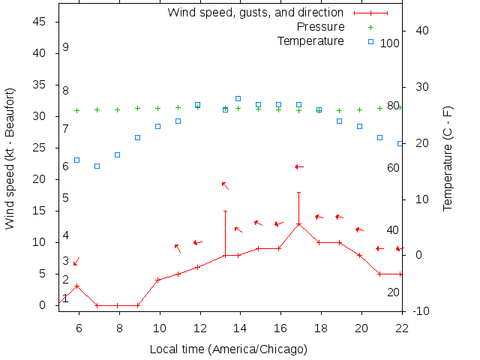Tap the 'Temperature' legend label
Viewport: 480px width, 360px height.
(x=310, y=40)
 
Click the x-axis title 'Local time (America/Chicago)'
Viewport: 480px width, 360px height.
(x=228, y=349)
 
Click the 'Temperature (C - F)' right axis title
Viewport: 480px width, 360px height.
(x=447, y=158)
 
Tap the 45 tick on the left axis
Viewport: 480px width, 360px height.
(x=40, y=22)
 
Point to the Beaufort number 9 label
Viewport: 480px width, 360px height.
(x=66, y=47)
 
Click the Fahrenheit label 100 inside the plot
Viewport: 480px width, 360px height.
(x=390, y=43)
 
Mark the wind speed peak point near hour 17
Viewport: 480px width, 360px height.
(x=298, y=224)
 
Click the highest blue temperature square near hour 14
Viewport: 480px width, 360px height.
(x=238, y=98)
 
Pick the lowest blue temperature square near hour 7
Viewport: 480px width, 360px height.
(x=97, y=166)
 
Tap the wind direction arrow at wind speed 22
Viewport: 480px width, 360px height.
(x=298, y=166)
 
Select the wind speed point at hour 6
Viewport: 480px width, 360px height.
(x=76, y=286)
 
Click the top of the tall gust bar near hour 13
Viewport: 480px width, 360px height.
(x=225, y=211)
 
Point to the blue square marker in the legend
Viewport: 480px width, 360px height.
(x=370, y=40)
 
